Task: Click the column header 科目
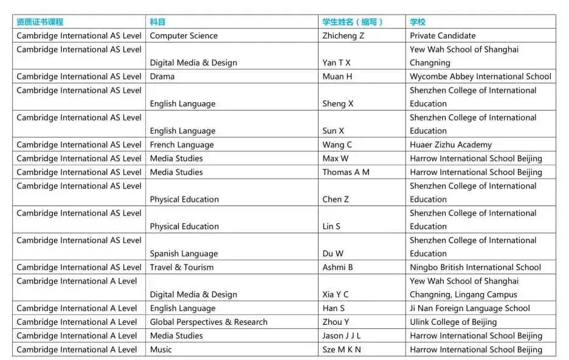point(157,22)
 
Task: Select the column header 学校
point(418,22)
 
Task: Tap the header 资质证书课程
point(40,22)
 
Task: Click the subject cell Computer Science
point(184,36)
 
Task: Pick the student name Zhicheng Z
point(343,36)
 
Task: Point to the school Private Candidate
point(443,36)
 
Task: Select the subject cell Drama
point(162,77)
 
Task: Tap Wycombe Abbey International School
point(480,77)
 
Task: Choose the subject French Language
point(182,145)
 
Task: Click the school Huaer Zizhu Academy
point(450,145)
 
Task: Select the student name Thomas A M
point(346,172)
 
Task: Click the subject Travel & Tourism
point(182,267)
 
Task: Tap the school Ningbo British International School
point(475,267)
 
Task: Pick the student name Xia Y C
point(336,294)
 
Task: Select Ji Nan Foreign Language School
point(470,308)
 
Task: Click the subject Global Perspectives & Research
point(209,322)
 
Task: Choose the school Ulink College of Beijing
point(453,322)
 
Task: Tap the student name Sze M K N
point(342,350)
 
